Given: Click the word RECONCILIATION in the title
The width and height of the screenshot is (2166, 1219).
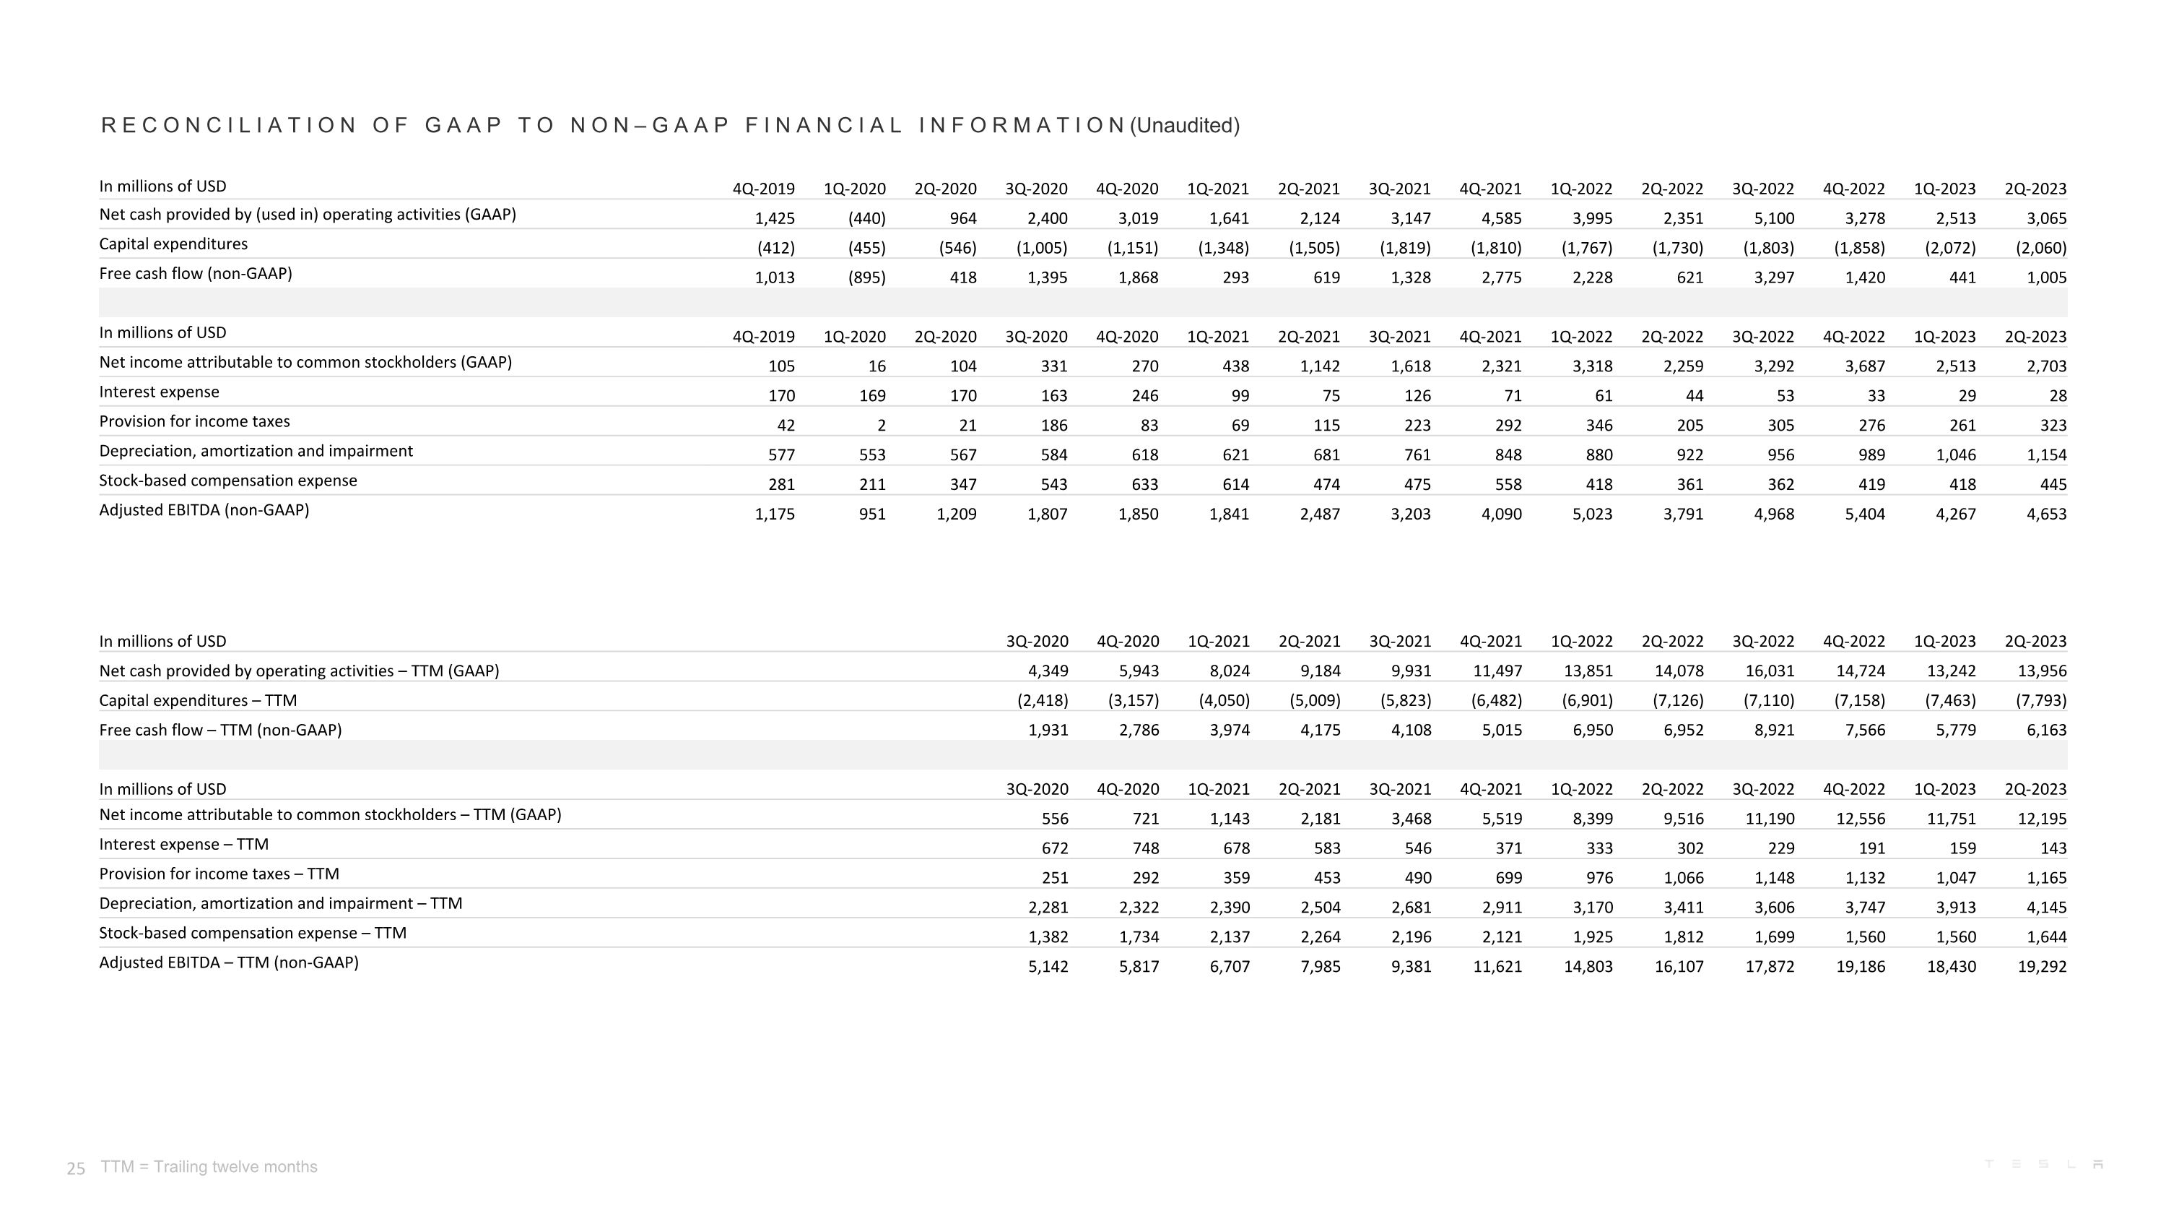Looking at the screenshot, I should [230, 125].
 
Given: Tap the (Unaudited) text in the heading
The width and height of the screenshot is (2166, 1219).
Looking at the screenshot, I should [1185, 125].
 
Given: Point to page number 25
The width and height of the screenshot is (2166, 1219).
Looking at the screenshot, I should [76, 1168].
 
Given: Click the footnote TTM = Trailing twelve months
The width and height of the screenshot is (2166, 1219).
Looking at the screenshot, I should [209, 1167].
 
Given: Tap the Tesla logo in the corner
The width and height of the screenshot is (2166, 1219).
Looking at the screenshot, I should [2043, 1164].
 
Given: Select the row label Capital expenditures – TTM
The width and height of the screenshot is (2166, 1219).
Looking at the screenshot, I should [198, 700].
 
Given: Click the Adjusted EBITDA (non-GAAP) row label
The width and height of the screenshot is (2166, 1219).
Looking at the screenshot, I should [204, 510].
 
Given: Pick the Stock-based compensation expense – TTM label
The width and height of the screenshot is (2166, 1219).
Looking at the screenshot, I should [252, 933].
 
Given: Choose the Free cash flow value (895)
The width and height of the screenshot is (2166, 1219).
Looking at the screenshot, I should [866, 277].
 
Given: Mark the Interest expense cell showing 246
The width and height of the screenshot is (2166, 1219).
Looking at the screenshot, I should [1144, 396].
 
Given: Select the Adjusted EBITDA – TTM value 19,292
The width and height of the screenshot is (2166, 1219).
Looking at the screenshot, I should [2042, 967].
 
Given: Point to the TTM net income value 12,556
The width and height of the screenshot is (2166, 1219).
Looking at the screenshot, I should [1860, 819].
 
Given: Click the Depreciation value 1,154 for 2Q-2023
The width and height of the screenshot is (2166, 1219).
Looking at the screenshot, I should [2045, 455].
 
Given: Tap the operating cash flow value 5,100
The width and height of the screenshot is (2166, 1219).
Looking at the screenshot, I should [1773, 219].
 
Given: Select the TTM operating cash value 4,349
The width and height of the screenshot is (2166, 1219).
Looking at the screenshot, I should [1048, 671].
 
